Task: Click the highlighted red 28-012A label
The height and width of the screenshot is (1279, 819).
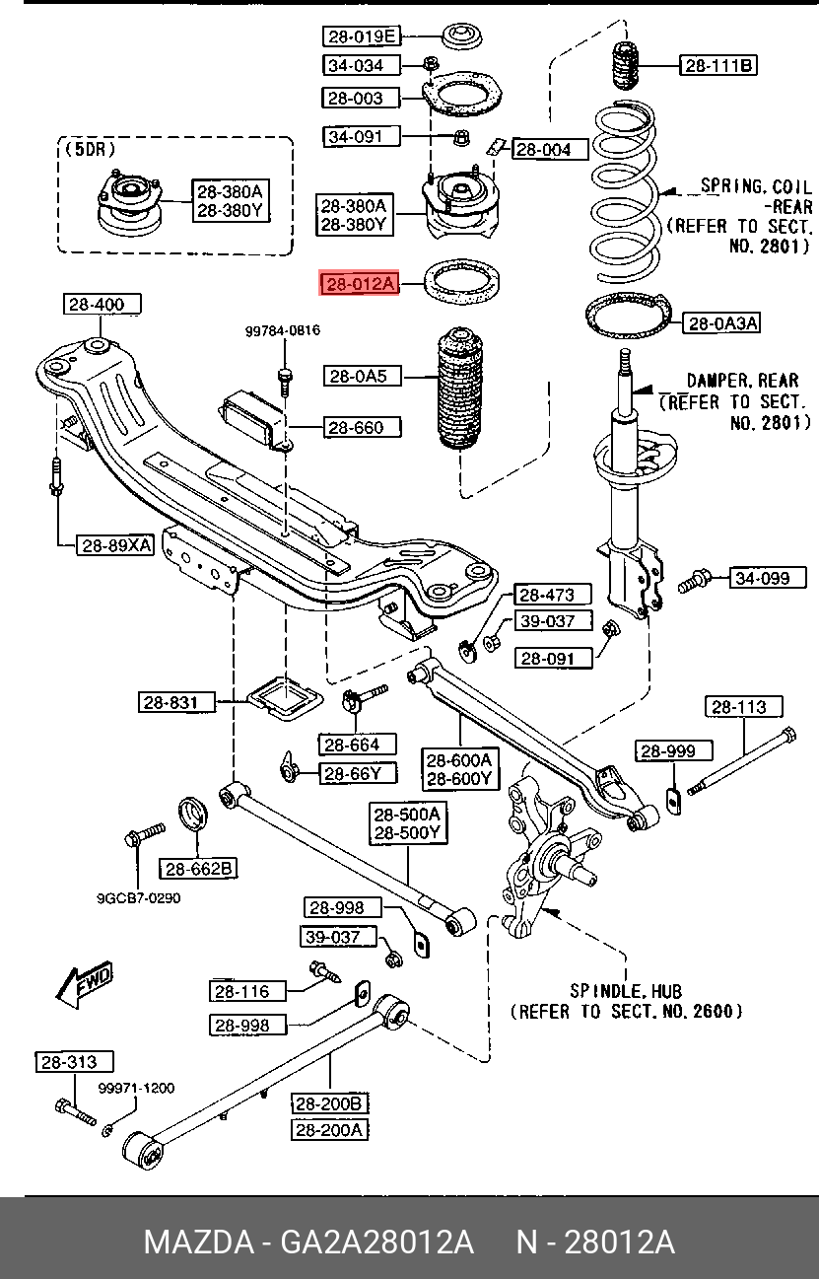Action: [x=359, y=285]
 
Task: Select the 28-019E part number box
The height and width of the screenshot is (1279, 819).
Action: [x=361, y=36]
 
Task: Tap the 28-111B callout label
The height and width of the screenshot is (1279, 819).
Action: [x=718, y=66]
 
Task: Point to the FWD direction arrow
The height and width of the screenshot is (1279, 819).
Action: [x=85, y=984]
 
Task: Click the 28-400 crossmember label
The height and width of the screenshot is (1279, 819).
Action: [x=97, y=305]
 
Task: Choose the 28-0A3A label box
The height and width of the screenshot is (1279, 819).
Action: [x=722, y=322]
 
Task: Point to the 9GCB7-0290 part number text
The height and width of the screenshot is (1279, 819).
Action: [x=138, y=898]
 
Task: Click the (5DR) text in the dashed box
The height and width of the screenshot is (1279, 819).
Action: [x=90, y=150]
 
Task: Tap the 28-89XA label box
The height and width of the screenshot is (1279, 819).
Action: [x=116, y=544]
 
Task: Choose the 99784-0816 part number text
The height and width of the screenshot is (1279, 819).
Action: [x=282, y=331]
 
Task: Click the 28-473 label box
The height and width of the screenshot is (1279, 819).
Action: [x=553, y=595]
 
